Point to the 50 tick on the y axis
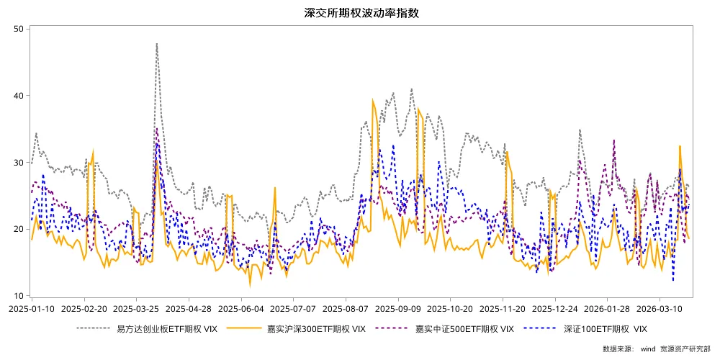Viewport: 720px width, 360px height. [19, 29]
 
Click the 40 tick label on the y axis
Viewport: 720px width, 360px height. [19, 96]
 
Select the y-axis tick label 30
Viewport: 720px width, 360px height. [19, 163]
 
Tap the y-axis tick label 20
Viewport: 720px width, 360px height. [19, 230]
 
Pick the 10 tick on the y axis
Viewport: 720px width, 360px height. [19, 296]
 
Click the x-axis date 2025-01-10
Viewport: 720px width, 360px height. [32, 308]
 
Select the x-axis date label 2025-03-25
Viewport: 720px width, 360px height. [136, 308]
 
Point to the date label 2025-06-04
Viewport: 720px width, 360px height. [240, 308]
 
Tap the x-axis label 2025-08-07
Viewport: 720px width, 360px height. [346, 308]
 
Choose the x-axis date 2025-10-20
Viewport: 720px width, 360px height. [450, 308]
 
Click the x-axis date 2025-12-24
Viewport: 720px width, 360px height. [555, 308]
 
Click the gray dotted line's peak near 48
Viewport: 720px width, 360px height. [156, 44]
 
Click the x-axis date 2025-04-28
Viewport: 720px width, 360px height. [189, 308]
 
